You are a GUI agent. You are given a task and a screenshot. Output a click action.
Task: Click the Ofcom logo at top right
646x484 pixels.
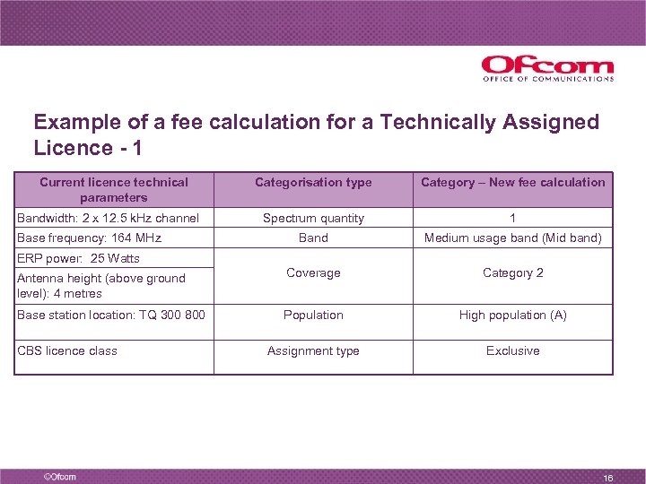[547, 68]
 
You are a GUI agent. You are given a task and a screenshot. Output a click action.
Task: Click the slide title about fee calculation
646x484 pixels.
[316, 134]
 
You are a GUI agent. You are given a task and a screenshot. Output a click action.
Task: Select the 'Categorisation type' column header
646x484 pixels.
[313, 182]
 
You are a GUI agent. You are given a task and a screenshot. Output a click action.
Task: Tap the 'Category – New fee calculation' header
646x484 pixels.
[513, 182]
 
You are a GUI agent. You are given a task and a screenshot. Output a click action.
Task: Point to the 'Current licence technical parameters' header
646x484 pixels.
[114, 189]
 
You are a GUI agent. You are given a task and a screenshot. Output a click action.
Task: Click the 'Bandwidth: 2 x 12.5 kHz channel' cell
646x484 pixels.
[108, 218]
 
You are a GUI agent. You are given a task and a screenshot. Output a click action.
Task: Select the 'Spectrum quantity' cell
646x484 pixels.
[313, 218]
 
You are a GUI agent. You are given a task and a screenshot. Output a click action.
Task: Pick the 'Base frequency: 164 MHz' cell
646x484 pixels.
[89, 238]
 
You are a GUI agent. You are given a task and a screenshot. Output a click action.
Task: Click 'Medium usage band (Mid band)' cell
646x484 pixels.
[513, 238]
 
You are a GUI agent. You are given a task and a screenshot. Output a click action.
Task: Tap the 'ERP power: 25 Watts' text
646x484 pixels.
[78, 258]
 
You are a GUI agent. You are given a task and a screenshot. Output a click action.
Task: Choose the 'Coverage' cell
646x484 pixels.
[313, 272]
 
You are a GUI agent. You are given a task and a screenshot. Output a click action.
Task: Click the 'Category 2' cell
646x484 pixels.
[513, 272]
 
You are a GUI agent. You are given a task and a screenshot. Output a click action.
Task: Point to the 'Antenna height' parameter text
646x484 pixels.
[100, 285]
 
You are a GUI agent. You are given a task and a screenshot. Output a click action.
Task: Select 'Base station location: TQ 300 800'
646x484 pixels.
[110, 315]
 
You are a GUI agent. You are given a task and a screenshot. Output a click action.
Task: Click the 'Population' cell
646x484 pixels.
[313, 315]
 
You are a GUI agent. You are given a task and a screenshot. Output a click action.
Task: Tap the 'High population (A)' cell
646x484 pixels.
[513, 315]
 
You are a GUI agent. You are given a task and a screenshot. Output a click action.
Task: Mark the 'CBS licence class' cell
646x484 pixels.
[67, 350]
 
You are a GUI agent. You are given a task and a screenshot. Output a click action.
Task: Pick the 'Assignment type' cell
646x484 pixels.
[313, 350]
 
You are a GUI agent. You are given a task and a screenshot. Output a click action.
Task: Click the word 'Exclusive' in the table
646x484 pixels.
[513, 350]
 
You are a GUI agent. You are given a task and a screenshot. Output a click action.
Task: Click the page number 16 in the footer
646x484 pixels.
[607, 477]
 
